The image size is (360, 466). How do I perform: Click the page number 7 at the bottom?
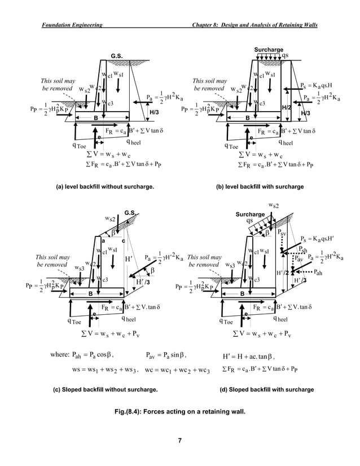pos(179,441)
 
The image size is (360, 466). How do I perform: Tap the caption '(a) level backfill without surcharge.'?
pos(101,186)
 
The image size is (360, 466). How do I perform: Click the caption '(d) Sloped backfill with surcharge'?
pos(266,390)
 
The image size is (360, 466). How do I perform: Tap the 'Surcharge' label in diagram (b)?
pos(269,50)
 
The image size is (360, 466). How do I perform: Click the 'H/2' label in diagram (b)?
pos(286,107)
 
